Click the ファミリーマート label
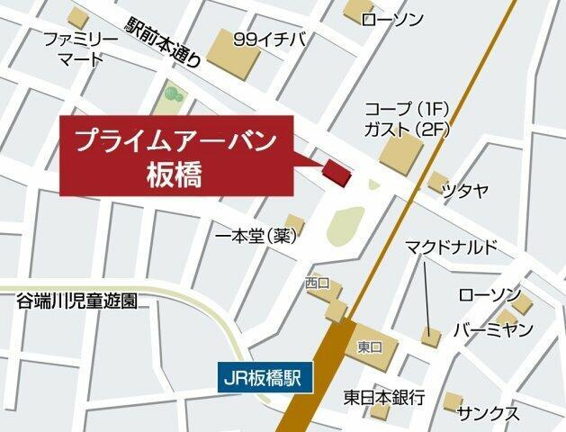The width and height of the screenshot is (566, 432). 81,50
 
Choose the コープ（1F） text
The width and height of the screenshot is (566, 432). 406,110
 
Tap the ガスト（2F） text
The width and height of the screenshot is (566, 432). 406,129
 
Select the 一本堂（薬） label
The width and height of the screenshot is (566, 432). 255,237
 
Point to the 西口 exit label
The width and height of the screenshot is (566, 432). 319,283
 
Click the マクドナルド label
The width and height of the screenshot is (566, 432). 450,247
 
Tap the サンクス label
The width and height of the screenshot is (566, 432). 488,413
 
